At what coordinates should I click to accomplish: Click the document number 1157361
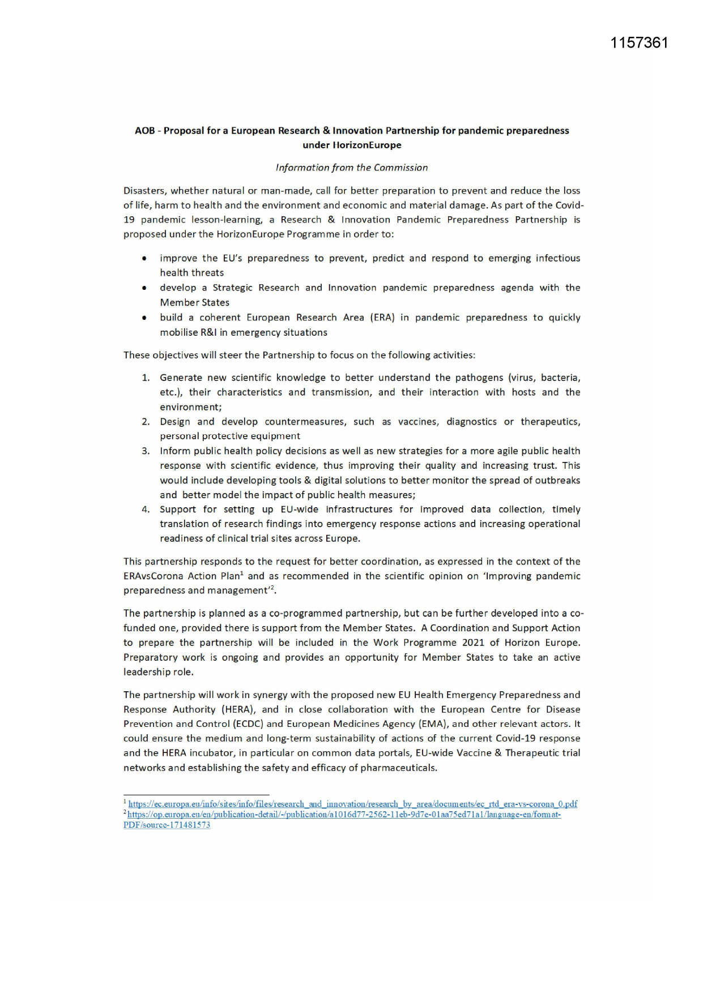(x=639, y=43)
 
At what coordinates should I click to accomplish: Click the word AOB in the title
(x=145, y=131)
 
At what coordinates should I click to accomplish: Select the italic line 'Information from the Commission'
(x=351, y=168)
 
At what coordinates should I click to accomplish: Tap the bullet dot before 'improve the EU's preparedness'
(x=145, y=259)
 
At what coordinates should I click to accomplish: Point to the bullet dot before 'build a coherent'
(x=145, y=318)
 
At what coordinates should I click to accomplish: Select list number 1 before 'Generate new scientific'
(x=146, y=378)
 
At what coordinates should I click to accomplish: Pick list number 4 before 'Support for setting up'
(x=146, y=510)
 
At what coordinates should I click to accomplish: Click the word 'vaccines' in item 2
(x=418, y=422)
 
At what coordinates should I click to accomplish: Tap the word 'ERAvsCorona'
(x=151, y=576)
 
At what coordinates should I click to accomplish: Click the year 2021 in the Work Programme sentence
(x=473, y=643)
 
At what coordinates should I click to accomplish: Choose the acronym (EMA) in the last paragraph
(x=433, y=724)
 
